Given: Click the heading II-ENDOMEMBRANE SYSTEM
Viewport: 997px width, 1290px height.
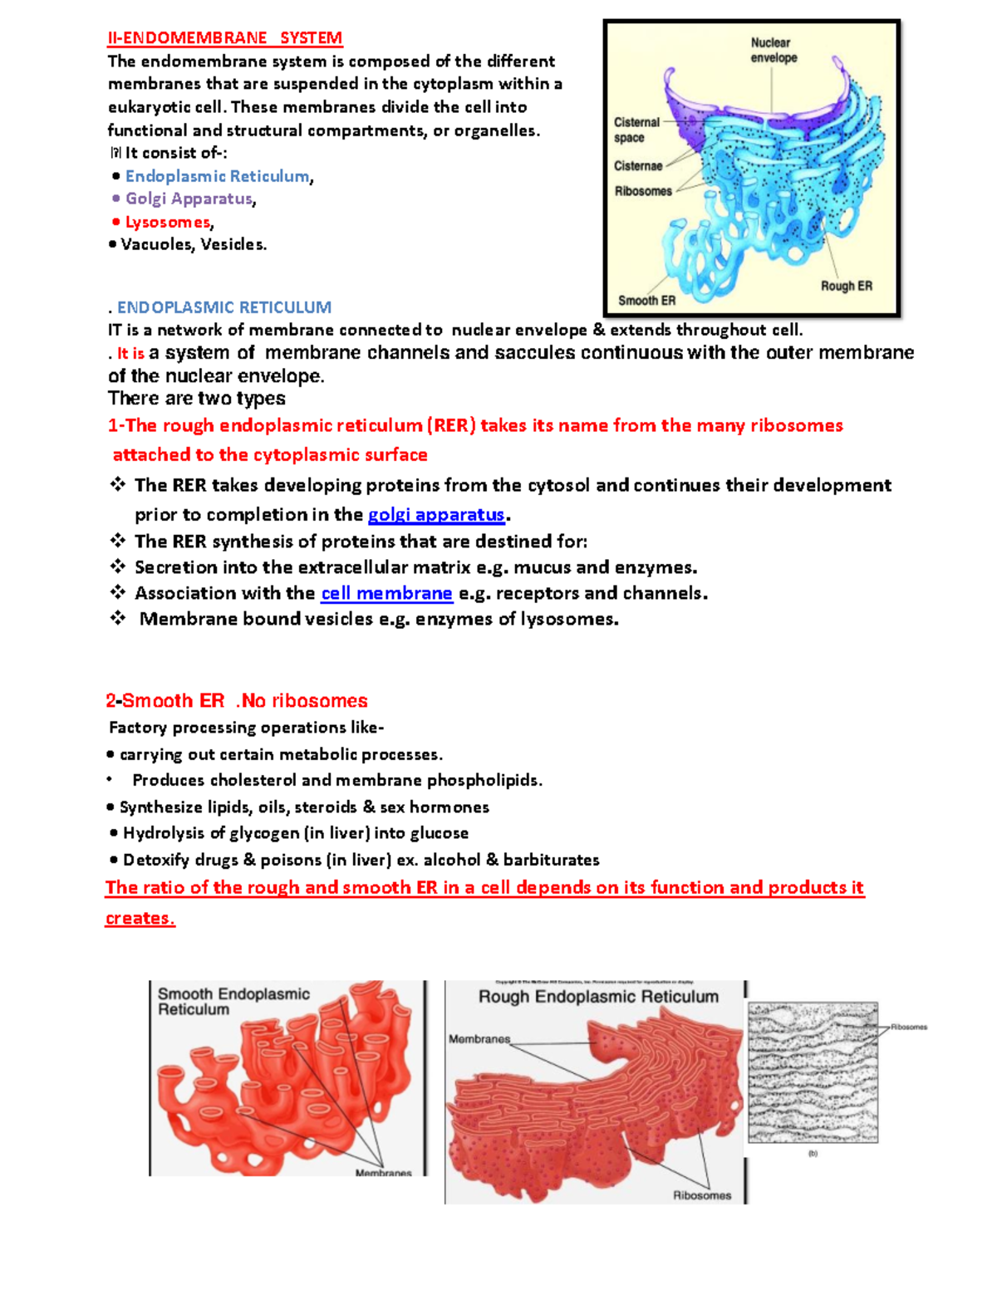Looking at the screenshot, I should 224,38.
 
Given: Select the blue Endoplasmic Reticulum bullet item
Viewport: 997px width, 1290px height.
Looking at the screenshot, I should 217,176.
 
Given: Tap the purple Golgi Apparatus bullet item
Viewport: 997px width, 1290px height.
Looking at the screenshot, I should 189,199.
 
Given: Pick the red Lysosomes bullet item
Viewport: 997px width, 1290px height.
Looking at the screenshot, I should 168,222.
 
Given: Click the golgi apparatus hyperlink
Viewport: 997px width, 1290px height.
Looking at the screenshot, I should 436,515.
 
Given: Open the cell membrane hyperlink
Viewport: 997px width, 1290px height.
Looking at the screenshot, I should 386,593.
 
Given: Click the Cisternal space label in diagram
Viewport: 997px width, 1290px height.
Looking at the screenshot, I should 636,130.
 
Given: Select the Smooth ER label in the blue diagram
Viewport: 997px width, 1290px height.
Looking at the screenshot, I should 646,301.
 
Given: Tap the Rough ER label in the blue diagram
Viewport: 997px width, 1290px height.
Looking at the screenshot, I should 846,286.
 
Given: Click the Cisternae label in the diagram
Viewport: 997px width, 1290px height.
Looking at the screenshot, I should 638,166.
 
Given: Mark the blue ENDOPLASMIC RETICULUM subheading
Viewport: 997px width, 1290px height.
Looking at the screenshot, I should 223,307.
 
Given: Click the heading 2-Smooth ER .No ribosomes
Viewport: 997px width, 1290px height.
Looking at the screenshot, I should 237,700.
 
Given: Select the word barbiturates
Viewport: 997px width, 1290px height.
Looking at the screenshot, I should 551,860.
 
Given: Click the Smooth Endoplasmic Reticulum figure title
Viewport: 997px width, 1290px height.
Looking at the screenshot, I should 233,1001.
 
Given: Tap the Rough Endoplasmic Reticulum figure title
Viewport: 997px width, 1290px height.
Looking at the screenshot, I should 598,997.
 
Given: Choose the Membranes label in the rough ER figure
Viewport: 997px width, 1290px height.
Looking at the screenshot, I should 479,1039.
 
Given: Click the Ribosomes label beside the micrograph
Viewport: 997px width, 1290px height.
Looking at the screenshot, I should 908,1027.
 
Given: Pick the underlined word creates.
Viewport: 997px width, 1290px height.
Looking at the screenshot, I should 140,919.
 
